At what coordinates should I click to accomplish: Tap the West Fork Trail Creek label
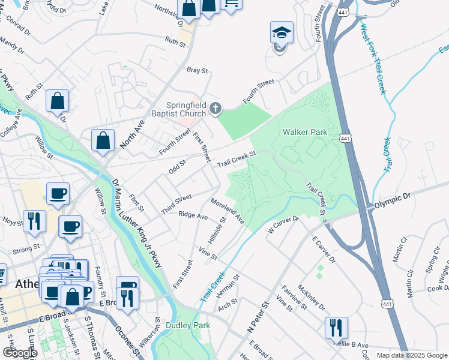[372, 58]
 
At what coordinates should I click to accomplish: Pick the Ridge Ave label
[193, 215]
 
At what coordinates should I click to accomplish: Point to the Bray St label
[197, 70]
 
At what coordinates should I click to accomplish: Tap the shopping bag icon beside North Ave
[103, 140]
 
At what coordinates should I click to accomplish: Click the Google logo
[19, 353]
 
